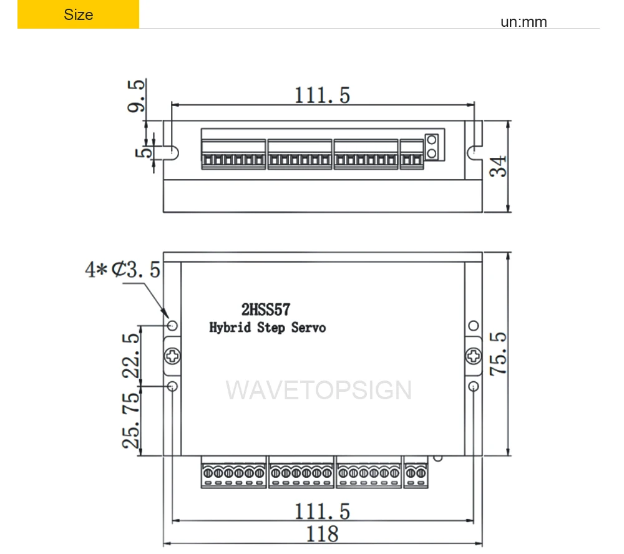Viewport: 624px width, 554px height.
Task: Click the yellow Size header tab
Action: pyautogui.click(x=78, y=14)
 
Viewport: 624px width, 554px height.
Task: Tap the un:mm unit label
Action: pyautogui.click(x=524, y=21)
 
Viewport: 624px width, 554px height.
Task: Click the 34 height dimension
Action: pyautogui.click(x=499, y=166)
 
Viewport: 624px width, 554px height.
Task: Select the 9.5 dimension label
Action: pyautogui.click(x=136, y=96)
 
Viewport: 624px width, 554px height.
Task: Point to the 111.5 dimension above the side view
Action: pyautogui.click(x=323, y=95)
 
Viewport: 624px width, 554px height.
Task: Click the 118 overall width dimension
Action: pyautogui.click(x=323, y=534)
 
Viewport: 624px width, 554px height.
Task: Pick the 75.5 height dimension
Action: pyautogui.click(x=498, y=353)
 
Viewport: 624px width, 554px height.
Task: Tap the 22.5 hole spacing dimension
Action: pyautogui.click(x=131, y=356)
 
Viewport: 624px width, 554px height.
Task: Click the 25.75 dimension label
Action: pyautogui.click(x=131, y=420)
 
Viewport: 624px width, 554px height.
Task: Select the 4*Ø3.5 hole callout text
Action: pyautogui.click(x=122, y=270)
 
